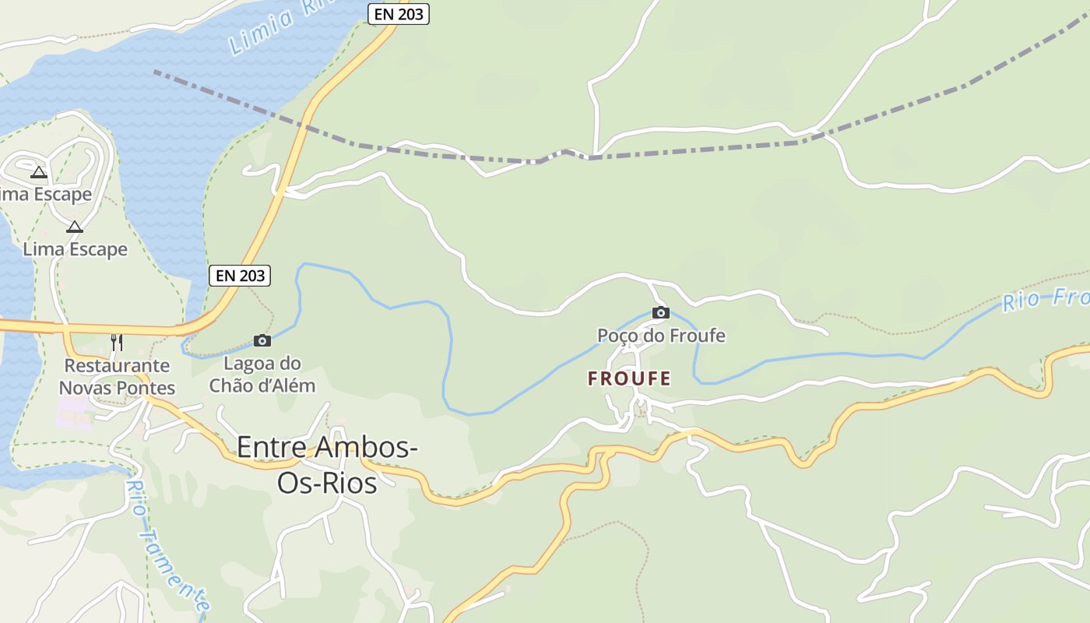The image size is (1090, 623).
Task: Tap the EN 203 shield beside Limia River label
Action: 398,13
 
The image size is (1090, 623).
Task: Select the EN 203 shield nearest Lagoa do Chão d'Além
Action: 240,275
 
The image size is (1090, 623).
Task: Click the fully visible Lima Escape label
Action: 75,249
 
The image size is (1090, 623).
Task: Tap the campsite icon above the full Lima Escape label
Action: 74,227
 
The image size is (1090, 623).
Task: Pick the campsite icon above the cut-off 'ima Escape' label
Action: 39,172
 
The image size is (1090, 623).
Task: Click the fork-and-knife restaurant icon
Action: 116,342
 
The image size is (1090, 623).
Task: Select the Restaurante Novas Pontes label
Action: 117,376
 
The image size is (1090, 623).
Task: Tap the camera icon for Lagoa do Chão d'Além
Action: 262,340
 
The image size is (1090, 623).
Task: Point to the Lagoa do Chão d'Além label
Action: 262,374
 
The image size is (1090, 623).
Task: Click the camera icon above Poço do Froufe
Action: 660,313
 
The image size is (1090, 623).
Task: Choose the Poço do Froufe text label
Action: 660,336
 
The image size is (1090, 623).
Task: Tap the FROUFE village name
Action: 629,379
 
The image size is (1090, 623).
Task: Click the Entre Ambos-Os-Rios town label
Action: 327,465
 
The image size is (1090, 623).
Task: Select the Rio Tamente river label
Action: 168,545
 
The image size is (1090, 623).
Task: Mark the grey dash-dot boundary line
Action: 701,149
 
